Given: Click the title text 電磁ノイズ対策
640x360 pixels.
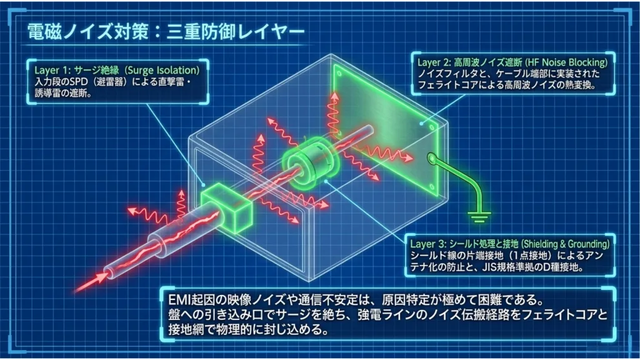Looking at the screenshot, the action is click(x=87, y=31).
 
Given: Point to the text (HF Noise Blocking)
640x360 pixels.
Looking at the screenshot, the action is click(x=566, y=62).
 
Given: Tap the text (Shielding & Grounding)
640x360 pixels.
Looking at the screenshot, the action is click(x=566, y=244).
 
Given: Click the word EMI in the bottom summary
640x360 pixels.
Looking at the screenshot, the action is click(x=178, y=300).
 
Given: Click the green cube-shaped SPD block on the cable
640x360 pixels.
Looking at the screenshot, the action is click(x=226, y=208).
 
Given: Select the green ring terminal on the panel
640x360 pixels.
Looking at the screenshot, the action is click(x=432, y=157).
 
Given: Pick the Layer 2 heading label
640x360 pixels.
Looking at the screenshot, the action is click(x=512, y=62).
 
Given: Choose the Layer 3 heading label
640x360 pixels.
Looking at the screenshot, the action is click(x=510, y=244).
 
